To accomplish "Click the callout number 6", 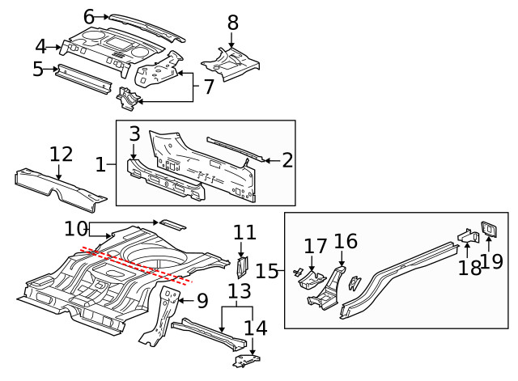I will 89,15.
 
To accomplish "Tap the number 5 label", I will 38,70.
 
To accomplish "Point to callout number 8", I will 233,22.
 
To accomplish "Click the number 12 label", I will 61,154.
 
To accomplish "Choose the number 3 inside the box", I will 135,133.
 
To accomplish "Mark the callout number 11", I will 244,233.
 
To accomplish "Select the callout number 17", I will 314,246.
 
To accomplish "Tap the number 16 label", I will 346,241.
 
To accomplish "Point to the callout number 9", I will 202,300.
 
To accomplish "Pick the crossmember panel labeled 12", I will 61,185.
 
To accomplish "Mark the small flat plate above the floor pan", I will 171,222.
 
